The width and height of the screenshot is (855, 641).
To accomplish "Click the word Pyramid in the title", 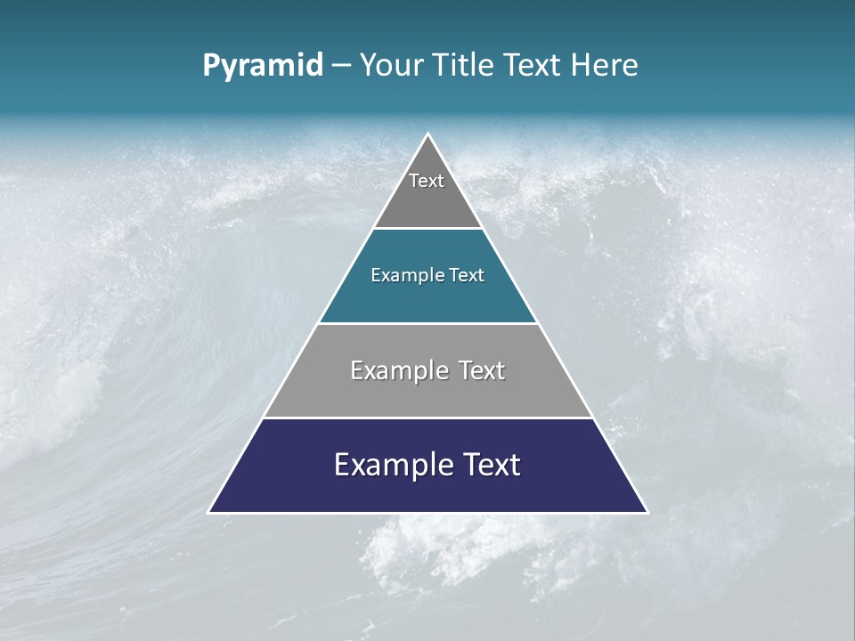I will click(263, 66).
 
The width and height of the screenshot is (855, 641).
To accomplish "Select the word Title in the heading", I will click(463, 65).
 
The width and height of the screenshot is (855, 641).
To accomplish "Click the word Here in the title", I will click(605, 65).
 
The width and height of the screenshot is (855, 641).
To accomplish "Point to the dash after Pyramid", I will click(341, 66).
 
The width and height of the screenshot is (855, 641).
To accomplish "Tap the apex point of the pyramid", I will click(427, 134).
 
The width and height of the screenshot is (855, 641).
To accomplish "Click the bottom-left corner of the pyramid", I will click(210, 512).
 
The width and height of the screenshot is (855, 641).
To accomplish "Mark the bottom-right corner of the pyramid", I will click(646, 512).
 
